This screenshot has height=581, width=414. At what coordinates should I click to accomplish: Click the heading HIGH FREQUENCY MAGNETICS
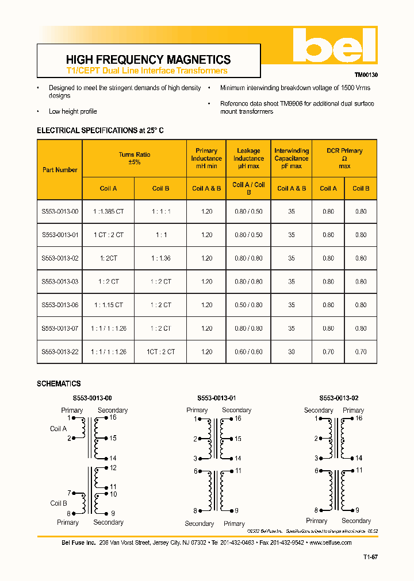pyautogui.click(x=148, y=60)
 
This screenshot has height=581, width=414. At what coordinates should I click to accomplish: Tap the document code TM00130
pyautogui.click(x=366, y=75)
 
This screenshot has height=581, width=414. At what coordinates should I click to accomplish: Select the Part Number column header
pyautogui.click(x=60, y=170)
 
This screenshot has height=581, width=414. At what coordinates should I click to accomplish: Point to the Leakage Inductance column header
pyautogui.click(x=248, y=158)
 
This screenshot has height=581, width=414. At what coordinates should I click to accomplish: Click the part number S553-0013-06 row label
pyautogui.click(x=60, y=305)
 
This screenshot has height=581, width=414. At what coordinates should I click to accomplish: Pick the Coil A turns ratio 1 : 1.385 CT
pyautogui.click(x=108, y=211)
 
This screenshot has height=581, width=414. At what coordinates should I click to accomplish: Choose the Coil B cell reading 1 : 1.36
pyautogui.click(x=161, y=258)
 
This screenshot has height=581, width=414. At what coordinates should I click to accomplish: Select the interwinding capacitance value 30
pyautogui.click(x=292, y=352)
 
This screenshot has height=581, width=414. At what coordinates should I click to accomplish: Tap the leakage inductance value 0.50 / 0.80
pyautogui.click(x=248, y=305)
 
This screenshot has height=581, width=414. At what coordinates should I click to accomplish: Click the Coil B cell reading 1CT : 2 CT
pyautogui.click(x=160, y=352)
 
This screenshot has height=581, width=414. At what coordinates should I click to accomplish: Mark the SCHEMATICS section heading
pyautogui.click(x=59, y=384)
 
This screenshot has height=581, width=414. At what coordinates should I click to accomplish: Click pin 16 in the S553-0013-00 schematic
pyautogui.click(x=113, y=418)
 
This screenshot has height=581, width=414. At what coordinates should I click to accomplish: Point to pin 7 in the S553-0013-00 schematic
pyautogui.click(x=69, y=493)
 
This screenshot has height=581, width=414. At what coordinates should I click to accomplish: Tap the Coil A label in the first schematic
pyautogui.click(x=59, y=429)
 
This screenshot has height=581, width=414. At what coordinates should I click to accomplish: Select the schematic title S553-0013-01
pyautogui.click(x=216, y=398)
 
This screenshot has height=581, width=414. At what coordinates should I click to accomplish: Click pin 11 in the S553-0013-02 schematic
pyautogui.click(x=359, y=470)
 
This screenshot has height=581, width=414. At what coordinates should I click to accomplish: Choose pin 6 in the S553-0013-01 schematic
pyautogui.click(x=195, y=471)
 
